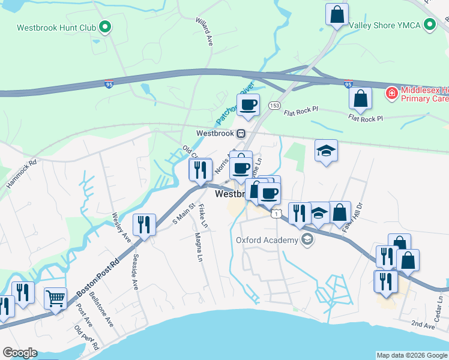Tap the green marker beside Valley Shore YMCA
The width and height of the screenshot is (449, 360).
pos(430,25)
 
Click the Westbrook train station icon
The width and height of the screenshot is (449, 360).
pos(240,133)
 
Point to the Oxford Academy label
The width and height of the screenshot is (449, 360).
pos(267,241)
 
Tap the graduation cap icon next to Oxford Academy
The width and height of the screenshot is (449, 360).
pos(307,241)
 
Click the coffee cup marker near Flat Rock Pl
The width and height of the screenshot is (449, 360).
pos(247,105)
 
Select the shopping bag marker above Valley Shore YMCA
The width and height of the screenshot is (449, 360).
pos(337,13)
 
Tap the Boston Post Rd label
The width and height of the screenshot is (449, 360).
pos(98,277)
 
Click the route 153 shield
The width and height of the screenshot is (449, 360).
pos(274,105)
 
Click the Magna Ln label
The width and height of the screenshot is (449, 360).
pos(198,247)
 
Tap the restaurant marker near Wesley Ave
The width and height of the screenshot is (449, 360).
pos(144,226)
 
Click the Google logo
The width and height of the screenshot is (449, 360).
pos(20,353)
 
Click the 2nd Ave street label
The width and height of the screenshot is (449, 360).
pos(422,325)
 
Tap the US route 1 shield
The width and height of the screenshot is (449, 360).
pos(276,213)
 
